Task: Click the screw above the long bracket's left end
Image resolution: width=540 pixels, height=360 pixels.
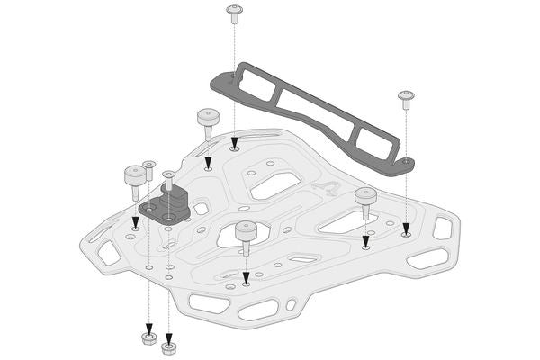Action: click(234, 13)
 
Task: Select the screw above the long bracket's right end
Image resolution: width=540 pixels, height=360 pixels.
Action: click(406, 98)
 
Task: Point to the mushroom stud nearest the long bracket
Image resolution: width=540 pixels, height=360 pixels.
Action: click(208, 121)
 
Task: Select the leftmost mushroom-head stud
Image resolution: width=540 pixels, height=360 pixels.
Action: click(135, 175)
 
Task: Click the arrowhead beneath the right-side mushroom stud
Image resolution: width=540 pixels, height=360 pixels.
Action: click(365, 240)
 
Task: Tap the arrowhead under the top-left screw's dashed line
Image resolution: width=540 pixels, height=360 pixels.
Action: click(234, 141)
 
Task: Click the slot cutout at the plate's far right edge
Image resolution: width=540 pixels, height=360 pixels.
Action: click(442, 228)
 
